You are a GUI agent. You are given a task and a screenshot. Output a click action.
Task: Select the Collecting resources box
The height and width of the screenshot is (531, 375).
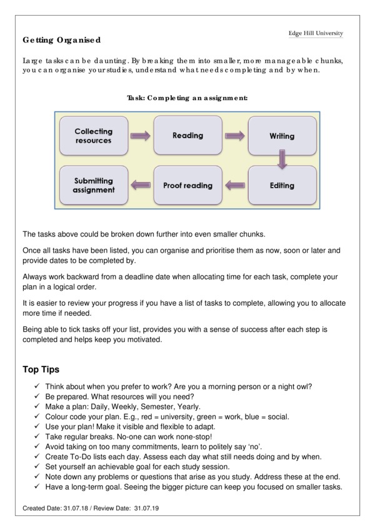tap(93, 136)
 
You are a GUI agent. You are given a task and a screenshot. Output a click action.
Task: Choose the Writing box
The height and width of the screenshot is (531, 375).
tap(282, 136)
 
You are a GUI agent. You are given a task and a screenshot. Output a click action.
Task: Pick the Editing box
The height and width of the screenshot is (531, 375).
tap(282, 185)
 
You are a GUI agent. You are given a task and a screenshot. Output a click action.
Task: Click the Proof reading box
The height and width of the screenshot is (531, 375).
tap(187, 185)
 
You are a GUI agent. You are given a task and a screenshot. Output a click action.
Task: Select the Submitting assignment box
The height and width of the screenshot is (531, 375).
tap(93, 185)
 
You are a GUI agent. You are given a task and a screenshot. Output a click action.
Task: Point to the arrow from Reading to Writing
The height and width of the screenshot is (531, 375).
tap(234, 135)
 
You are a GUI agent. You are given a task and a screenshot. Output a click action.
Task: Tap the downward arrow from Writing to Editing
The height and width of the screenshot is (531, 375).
tap(282, 161)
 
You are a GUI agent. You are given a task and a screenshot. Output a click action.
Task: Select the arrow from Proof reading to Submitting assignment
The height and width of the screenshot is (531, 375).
tap(141, 185)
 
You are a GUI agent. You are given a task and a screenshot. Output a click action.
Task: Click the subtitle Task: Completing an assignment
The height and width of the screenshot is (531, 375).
tap(187, 98)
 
